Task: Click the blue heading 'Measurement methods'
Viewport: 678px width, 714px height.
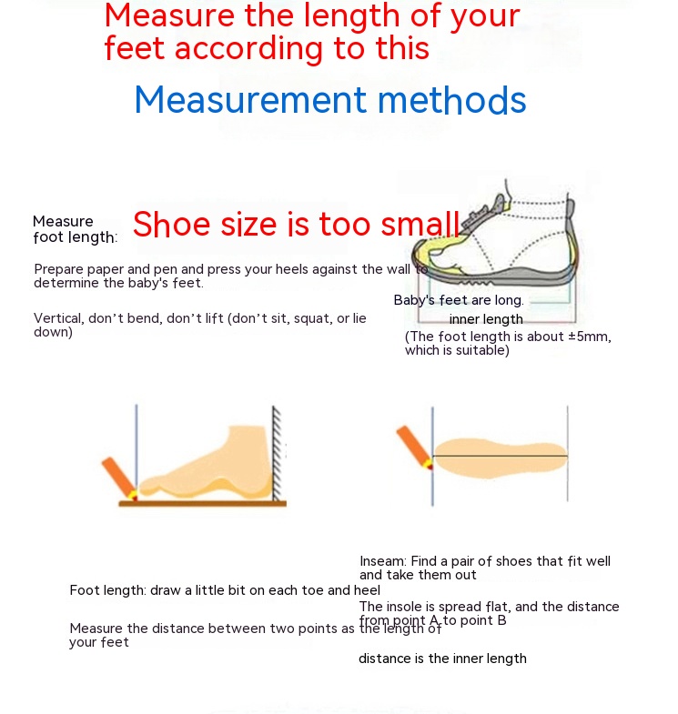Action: click(330, 100)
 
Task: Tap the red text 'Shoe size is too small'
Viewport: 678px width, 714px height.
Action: click(296, 224)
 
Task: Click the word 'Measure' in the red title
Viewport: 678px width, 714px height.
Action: click(169, 15)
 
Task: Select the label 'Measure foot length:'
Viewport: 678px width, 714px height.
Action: click(76, 229)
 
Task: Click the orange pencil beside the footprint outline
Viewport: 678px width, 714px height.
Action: click(415, 448)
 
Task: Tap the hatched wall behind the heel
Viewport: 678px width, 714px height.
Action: click(277, 454)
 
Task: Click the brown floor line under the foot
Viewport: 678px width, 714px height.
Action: click(203, 504)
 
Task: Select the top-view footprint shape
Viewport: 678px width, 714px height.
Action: click(501, 458)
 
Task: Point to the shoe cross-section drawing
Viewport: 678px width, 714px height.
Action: click(494, 241)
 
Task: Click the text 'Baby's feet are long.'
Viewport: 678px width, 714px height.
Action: click(459, 300)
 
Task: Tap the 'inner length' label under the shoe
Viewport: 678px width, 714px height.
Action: click(486, 319)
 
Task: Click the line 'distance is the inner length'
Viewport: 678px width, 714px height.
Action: click(442, 659)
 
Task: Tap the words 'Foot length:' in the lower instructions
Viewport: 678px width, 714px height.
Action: click(108, 590)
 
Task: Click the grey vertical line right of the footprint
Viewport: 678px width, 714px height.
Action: click(567, 454)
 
